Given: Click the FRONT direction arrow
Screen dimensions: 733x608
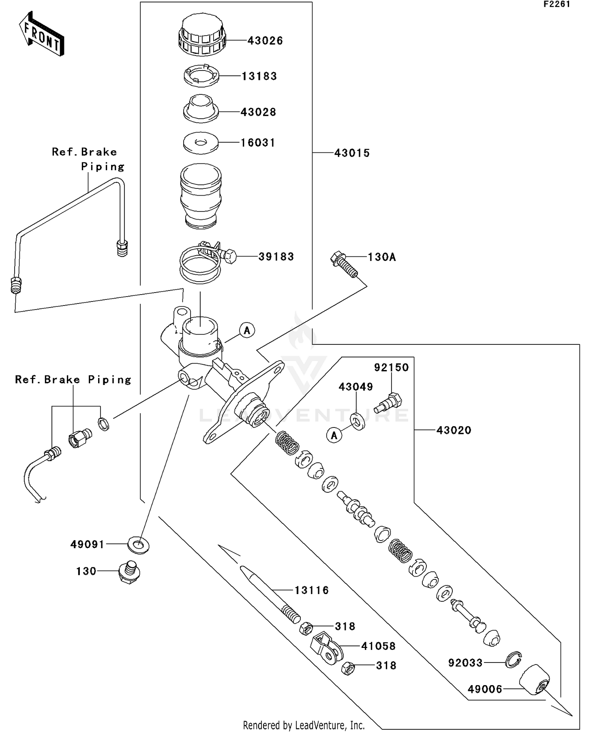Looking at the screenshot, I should click(42, 34).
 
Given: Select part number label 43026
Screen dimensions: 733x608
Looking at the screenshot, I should click(265, 41).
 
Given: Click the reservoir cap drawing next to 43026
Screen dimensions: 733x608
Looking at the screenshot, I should click(201, 36).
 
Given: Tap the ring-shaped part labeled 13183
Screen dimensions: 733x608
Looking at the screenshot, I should click(201, 76).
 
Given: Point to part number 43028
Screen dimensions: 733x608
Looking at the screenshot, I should click(258, 112).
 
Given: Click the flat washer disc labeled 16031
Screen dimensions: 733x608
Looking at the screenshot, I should click(201, 143).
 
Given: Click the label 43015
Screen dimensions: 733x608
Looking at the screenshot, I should click(352, 153).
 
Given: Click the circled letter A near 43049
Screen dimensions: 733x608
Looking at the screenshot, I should click(334, 436).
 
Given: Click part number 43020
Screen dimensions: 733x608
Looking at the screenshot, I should click(454, 430).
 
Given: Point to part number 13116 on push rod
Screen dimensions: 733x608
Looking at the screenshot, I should click(311, 590).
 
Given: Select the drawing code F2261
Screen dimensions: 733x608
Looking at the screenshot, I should click(557, 4).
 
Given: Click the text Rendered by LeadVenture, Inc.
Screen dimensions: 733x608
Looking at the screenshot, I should click(304, 725).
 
